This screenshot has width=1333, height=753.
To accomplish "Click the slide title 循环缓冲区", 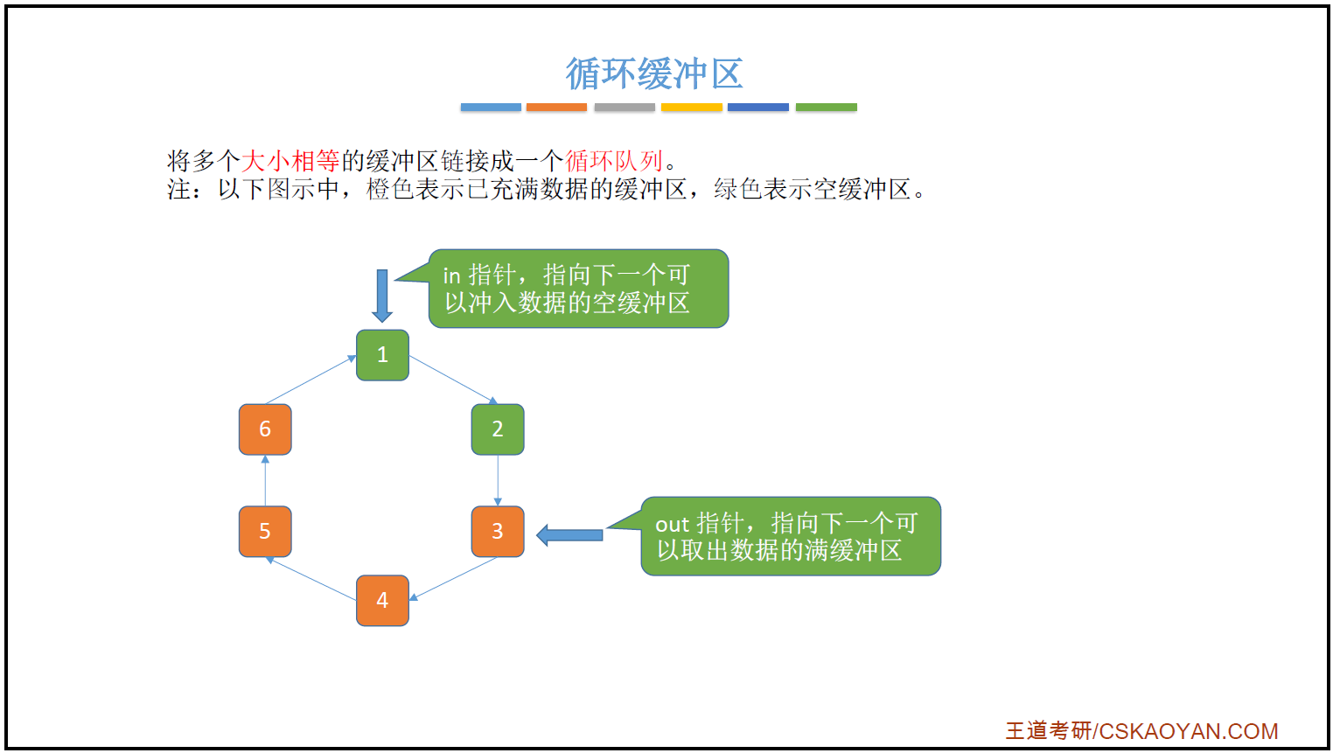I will coord(653,73).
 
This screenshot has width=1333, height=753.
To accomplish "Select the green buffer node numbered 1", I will coord(382,355).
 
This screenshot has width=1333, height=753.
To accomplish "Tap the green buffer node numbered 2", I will coord(498,429).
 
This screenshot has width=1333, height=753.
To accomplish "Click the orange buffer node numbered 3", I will coord(498,531).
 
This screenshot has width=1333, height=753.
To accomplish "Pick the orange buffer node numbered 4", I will coord(382,601).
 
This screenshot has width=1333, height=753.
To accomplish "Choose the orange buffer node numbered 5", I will coord(265,531).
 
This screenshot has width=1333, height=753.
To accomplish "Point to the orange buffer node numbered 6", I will coord(265,429).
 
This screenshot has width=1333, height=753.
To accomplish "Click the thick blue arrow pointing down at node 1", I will coord(382,295).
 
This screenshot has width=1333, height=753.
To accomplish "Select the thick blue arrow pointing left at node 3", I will coord(569,534).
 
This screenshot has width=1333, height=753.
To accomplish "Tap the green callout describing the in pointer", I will coord(577,289).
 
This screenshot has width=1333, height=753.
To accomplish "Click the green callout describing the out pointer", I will coord(790,536).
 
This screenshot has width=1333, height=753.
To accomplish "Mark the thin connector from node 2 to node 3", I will coord(498,479).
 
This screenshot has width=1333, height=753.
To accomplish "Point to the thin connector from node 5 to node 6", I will coord(265,480).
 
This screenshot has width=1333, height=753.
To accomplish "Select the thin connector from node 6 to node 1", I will coord(311,380).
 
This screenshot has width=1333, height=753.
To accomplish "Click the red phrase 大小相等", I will coord(290,161).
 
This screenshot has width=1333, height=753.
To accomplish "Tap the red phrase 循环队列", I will coord(614,161).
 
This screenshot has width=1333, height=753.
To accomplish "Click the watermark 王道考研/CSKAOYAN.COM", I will coord(1141,731).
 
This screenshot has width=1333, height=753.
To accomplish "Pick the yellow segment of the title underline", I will coord(691,108).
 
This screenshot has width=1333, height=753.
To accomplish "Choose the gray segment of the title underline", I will coord(625,108).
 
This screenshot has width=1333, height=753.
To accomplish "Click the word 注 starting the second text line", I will coord(178,189).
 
